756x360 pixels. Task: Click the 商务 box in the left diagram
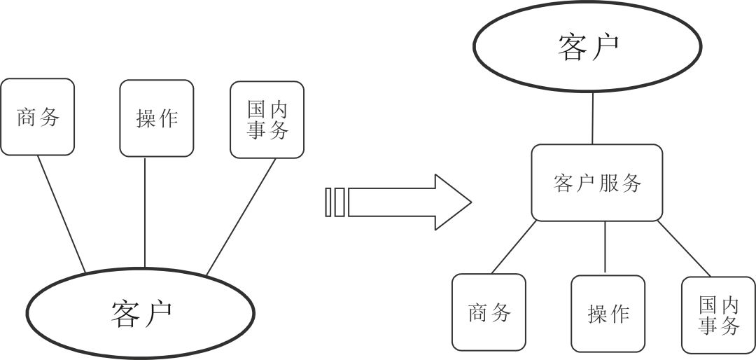(37, 116)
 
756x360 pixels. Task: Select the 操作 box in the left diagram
(156, 118)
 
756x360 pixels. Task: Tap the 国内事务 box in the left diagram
(267, 119)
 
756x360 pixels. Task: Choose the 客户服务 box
(596, 183)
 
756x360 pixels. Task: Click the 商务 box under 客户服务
(489, 312)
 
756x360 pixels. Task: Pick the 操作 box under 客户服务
(608, 312)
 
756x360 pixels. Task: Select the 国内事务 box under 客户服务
(718, 314)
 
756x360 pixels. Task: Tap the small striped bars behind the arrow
(335, 202)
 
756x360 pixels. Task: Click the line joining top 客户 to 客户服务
(593, 118)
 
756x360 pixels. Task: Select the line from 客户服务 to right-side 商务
(514, 247)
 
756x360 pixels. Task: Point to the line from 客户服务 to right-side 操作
(605, 247)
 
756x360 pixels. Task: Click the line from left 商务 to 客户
(61, 214)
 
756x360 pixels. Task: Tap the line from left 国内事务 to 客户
(237, 215)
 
